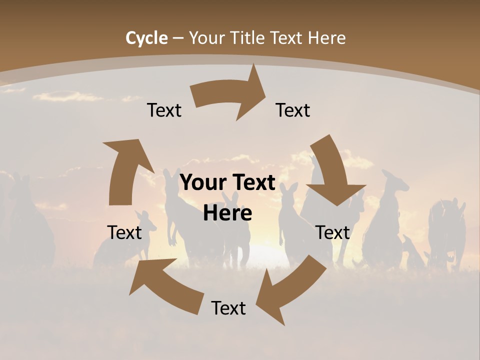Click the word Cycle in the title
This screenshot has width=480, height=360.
(146, 38)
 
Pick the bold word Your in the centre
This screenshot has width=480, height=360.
(203, 183)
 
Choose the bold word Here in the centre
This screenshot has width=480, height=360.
(227, 213)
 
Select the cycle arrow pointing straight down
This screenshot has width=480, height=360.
(334, 172)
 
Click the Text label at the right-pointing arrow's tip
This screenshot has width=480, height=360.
(293, 110)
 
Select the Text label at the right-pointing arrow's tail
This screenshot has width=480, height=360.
(164, 110)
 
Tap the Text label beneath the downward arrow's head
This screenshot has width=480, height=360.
(333, 232)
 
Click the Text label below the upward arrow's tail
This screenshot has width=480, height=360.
(125, 232)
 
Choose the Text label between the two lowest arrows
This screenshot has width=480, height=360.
(228, 308)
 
